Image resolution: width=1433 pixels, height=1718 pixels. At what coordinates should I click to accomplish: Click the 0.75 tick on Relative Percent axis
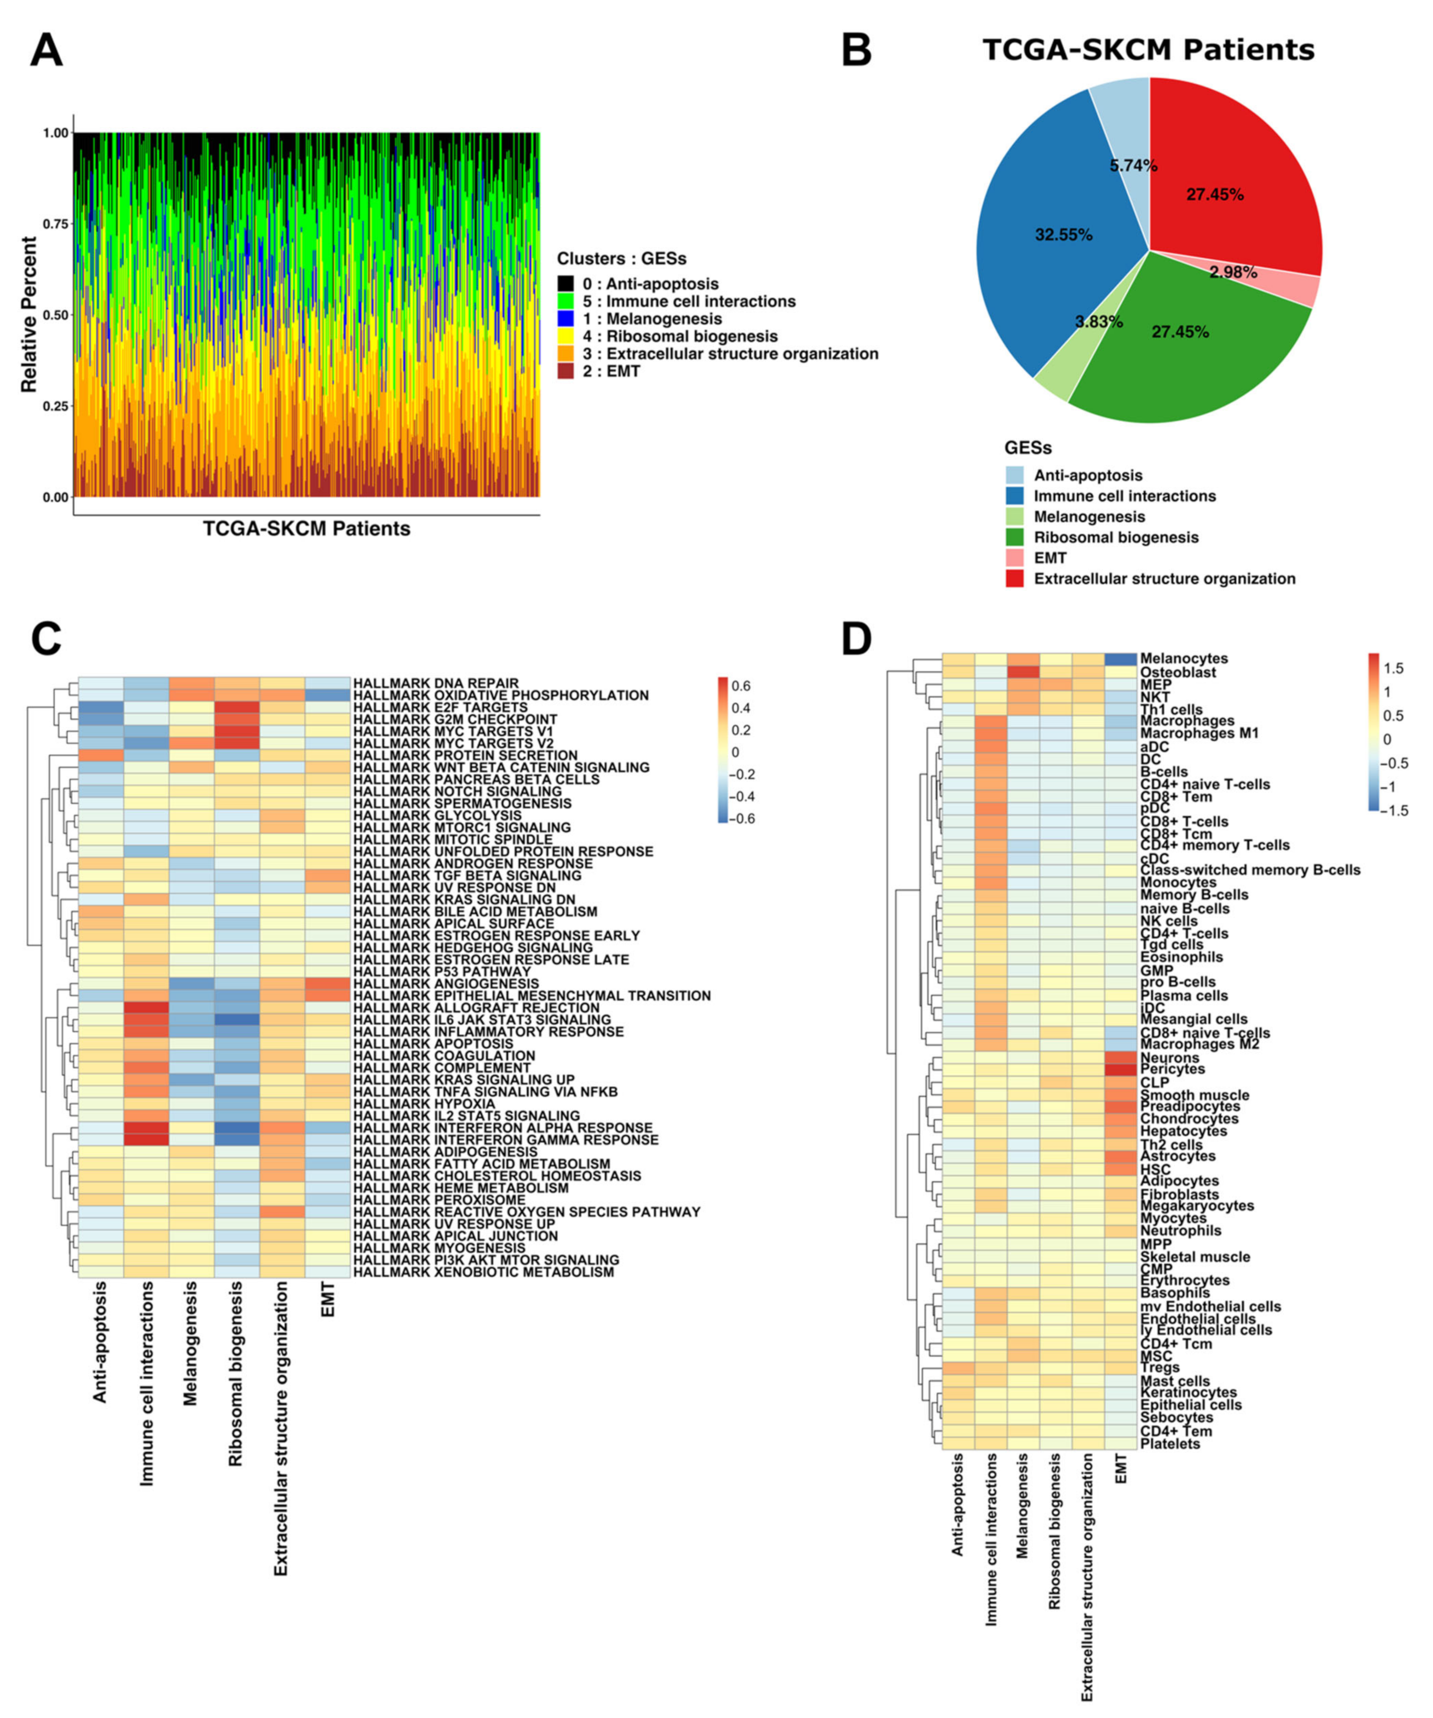coord(55,224)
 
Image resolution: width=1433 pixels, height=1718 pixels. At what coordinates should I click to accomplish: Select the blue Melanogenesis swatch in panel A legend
coord(565,319)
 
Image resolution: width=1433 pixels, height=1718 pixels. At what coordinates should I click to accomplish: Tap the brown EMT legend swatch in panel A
coord(565,371)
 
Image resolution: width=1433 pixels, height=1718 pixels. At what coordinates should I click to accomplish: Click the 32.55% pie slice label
coord(1063,235)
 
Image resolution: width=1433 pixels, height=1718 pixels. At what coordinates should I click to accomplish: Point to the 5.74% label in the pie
coord(1133,166)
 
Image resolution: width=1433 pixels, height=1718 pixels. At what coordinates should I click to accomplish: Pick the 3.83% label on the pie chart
coord(1098,322)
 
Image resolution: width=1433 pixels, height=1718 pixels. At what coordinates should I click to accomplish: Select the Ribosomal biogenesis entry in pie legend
coord(1116,538)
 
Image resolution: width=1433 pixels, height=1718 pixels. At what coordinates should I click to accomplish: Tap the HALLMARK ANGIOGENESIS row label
coord(446,983)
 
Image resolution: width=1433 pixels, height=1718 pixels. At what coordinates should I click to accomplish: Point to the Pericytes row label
coord(1172,1069)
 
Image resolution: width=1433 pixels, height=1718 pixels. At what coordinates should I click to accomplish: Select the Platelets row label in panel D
coord(1170,1444)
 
